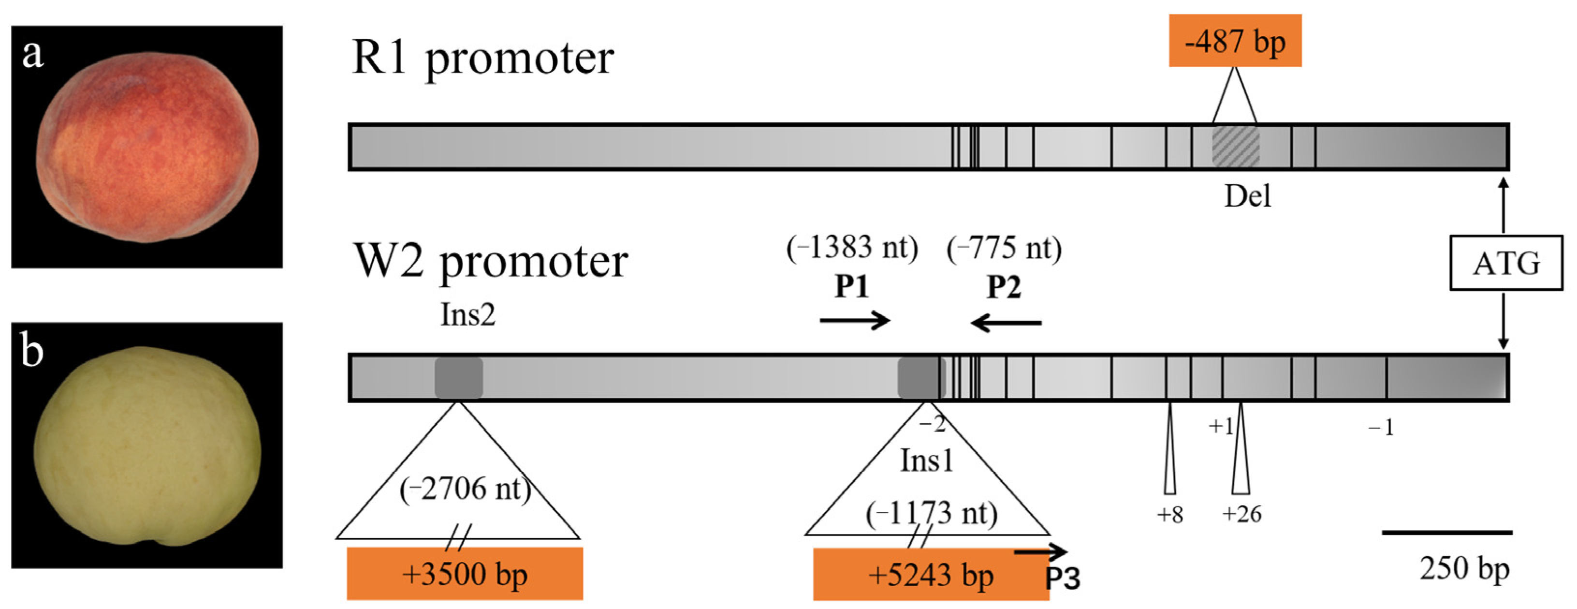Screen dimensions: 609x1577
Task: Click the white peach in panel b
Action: tap(147, 446)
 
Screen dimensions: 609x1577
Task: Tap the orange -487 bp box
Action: tap(1235, 41)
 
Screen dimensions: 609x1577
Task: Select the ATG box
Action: tap(1505, 263)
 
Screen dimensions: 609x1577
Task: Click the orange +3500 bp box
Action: tap(465, 574)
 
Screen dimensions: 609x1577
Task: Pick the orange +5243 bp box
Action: tap(931, 575)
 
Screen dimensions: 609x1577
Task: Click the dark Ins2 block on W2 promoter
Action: tap(458, 378)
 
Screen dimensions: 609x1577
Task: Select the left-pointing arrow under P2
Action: tap(1006, 322)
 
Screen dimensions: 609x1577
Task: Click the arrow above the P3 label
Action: tap(1041, 552)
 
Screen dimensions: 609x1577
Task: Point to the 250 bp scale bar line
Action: tap(1446, 533)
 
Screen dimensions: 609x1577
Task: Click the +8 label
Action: tap(1169, 515)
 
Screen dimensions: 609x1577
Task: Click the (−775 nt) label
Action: tap(1004, 249)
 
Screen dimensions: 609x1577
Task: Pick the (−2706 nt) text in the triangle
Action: tap(465, 489)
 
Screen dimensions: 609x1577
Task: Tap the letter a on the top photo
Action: tap(33, 54)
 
